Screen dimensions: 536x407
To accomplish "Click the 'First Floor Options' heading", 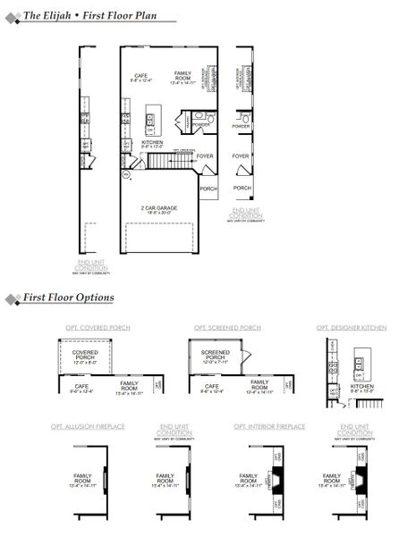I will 68,297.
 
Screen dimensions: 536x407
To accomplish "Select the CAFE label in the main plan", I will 140,76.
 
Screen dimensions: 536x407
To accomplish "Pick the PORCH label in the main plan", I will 208,188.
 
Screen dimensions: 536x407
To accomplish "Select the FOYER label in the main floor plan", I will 205,155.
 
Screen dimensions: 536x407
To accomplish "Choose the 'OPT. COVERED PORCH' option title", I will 98,328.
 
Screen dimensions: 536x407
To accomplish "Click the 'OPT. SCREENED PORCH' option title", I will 227,328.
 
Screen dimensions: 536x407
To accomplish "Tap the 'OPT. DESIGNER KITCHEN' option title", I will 352,328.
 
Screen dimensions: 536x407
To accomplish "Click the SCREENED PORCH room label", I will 216,356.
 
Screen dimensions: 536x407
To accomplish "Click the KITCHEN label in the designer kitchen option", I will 362,386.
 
